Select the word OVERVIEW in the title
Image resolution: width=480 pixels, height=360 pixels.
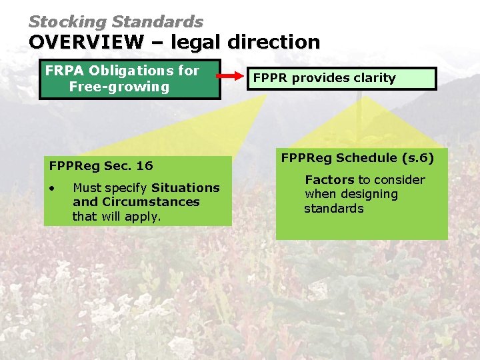pyautogui.click(x=85, y=42)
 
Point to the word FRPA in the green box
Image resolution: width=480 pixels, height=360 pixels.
pyautogui.click(x=63, y=71)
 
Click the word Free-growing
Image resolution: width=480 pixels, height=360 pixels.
pyautogui.click(x=119, y=87)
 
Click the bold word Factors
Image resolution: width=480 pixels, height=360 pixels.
pyautogui.click(x=329, y=180)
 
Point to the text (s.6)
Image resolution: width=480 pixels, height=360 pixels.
pyautogui.click(x=417, y=158)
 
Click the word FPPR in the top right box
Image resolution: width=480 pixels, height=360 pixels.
pyautogui.click(x=270, y=78)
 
